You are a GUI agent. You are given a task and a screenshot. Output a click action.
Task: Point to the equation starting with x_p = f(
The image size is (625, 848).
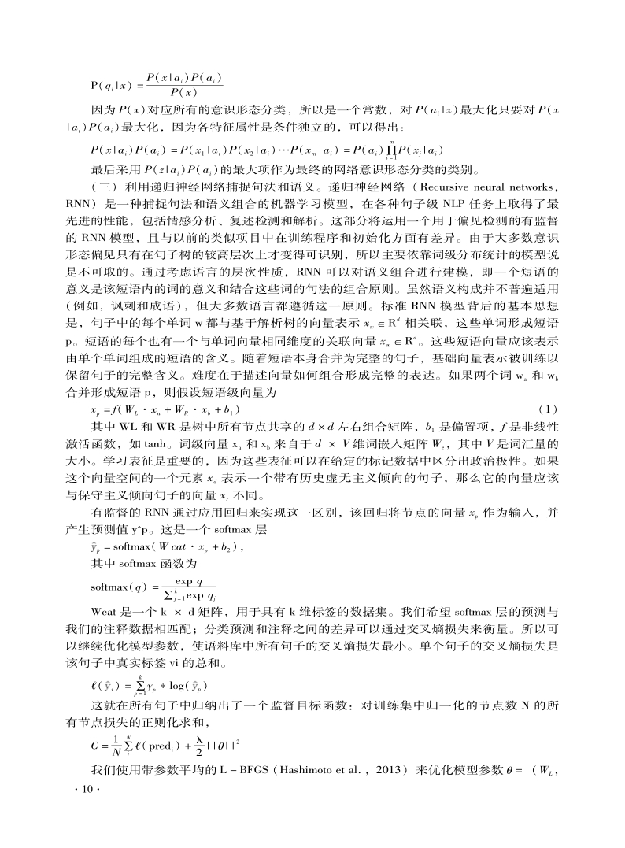166,410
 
